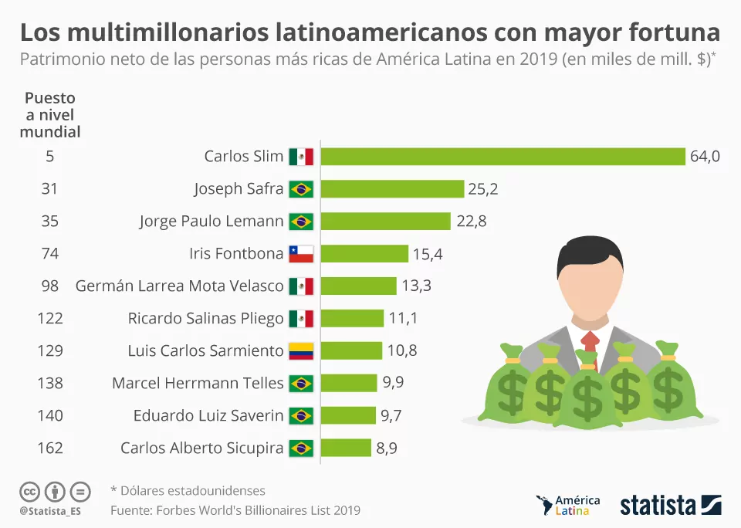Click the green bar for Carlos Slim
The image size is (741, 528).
502,157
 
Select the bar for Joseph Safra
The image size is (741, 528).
392,189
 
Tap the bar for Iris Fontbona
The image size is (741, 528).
364,254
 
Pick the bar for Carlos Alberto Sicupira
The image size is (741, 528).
346,448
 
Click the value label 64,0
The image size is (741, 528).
705,157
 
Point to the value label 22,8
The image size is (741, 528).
472,222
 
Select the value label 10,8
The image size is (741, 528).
402,350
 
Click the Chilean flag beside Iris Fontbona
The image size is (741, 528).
301,254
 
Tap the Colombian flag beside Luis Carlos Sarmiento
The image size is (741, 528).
301,351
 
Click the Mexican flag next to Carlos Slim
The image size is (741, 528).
301,157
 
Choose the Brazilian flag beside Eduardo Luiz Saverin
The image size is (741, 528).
301,415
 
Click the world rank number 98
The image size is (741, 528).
49,286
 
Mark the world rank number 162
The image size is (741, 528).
49,448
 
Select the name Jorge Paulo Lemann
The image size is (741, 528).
211,222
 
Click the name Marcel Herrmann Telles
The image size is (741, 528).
198,383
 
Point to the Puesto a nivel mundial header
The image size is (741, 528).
50,115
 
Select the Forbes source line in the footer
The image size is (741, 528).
235,510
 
